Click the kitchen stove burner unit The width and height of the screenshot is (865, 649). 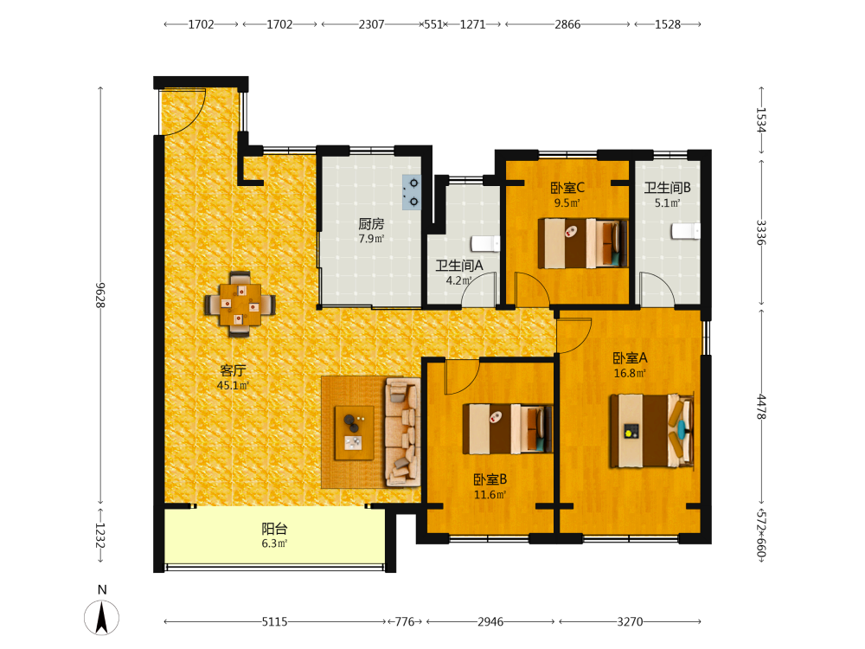coord(412,192)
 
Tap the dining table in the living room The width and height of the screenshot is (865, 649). coord(240,304)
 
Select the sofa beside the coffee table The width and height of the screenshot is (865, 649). coord(403,432)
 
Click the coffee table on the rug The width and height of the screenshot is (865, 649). coord(354,434)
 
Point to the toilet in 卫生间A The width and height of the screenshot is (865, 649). coord(485,243)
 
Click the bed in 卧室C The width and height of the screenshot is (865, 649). coord(583,243)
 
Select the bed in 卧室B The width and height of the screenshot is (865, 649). coord(508,429)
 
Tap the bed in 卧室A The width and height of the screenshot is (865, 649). coord(651,431)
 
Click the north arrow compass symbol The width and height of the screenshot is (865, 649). coord(101,617)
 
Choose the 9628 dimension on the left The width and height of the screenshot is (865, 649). coord(99,295)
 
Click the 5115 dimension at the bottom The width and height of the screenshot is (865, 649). coord(275,622)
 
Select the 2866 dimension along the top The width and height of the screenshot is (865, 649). coord(567,24)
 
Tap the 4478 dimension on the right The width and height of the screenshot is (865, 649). coord(761,406)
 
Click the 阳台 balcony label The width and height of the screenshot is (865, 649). coord(275,529)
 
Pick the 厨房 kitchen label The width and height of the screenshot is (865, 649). coord(371,223)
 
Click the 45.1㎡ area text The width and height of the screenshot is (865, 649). coord(233,385)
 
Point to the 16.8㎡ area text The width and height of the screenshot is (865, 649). coord(630,373)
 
